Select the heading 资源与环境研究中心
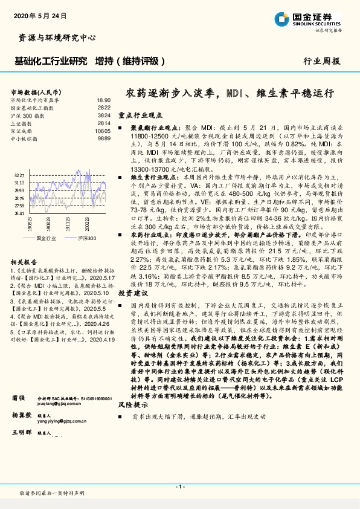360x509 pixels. coord(54,37)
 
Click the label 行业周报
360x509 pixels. coord(321,61)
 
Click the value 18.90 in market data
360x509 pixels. coord(103,100)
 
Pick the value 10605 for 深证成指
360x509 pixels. coord(103,130)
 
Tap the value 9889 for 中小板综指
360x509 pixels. coord(104,138)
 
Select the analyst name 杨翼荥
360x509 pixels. coord(21,432)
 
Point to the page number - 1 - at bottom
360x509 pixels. coord(179,487)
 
